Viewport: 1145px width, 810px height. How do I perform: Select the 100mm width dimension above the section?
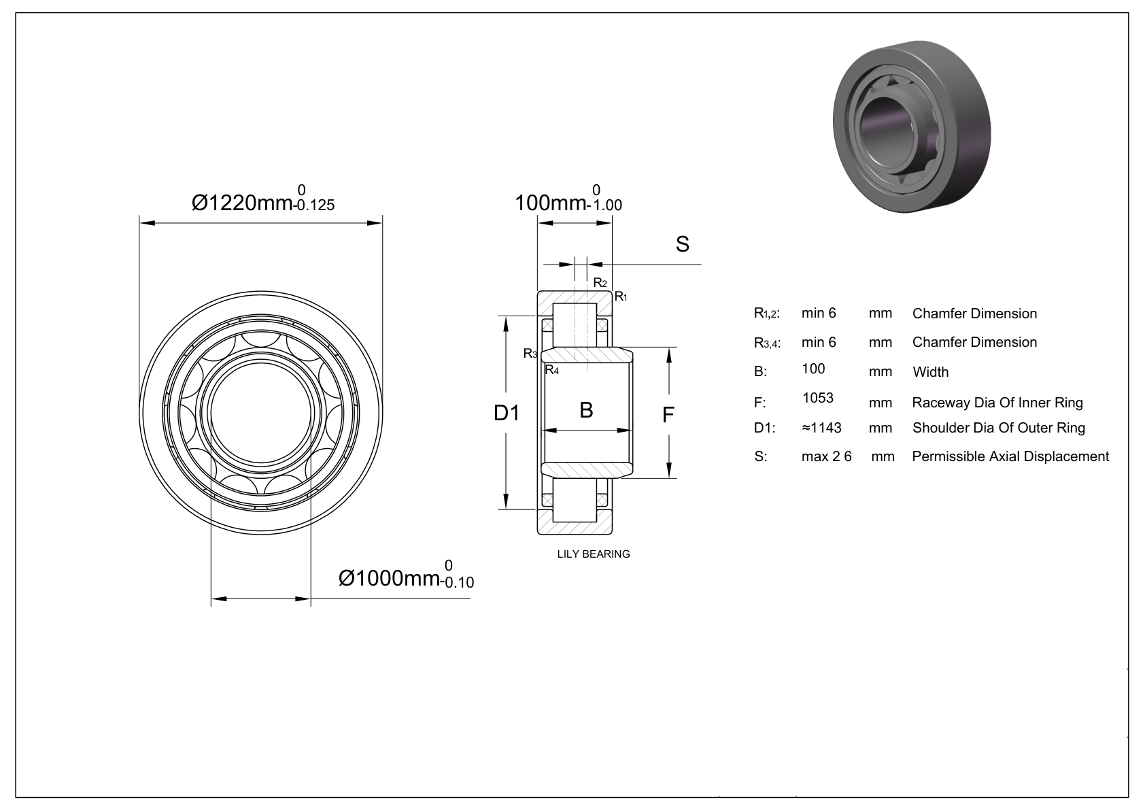(x=567, y=202)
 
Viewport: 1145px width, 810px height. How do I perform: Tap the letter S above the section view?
(x=682, y=244)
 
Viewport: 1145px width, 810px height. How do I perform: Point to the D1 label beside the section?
(x=507, y=413)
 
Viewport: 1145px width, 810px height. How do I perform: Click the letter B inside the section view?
(x=586, y=410)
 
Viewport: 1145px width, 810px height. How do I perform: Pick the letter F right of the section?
(x=668, y=414)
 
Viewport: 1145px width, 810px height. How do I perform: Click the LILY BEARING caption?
(x=594, y=554)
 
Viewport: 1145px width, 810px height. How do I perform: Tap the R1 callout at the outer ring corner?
(x=621, y=297)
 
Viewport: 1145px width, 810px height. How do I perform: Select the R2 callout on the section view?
(x=600, y=283)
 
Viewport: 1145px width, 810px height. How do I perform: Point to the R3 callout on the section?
(x=530, y=354)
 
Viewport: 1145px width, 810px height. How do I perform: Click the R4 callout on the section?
(x=551, y=371)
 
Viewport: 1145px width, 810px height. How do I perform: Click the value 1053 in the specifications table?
(x=817, y=398)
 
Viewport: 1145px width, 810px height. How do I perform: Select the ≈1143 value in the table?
(x=821, y=428)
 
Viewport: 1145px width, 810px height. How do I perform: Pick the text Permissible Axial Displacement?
(x=1010, y=456)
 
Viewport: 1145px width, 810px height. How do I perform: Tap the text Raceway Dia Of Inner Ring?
(x=997, y=403)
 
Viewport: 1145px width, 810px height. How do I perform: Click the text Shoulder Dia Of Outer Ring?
(x=998, y=428)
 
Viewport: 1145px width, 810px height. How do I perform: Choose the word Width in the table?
(x=930, y=372)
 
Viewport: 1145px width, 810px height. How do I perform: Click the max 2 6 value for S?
(x=826, y=456)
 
